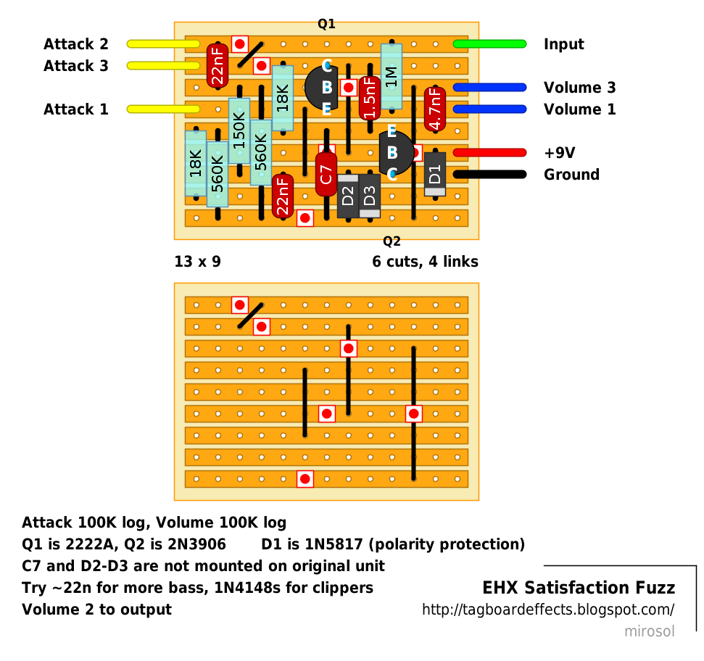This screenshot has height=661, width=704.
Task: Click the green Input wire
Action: coord(489,44)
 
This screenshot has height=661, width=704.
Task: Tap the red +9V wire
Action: coord(489,153)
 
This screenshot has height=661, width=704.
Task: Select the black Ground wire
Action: coord(489,175)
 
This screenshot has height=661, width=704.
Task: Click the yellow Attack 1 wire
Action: coord(163,109)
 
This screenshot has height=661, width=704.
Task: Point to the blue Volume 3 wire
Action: coord(489,88)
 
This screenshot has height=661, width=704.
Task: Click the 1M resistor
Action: coord(392,76)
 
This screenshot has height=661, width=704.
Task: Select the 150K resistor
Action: coord(239,130)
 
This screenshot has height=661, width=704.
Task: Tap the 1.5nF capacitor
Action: coord(370,98)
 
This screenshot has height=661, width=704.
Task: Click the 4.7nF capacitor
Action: coord(435,109)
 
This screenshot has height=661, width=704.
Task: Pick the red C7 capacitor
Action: coord(326,174)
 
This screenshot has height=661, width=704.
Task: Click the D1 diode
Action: coord(435,174)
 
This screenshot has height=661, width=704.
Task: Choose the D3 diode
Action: coord(370,196)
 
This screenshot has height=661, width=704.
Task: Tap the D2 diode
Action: coord(348,196)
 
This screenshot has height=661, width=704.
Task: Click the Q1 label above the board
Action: coord(326,24)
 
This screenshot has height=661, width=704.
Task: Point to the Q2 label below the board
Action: coord(392,241)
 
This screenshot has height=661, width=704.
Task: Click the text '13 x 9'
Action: coord(197,262)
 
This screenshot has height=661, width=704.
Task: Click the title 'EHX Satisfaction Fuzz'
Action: coord(579,587)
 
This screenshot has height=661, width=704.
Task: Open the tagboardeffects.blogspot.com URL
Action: coord(548,610)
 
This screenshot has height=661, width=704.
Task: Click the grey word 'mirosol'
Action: coord(650,631)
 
